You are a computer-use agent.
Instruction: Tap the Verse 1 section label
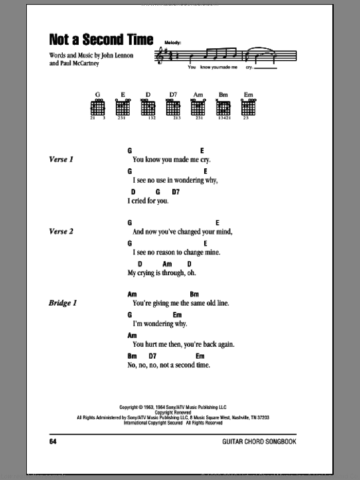[60, 160]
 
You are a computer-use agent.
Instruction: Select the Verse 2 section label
[60, 232]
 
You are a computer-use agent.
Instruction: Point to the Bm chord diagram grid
[223, 109]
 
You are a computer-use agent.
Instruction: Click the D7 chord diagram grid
[173, 109]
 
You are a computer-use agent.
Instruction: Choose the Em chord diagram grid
[249, 109]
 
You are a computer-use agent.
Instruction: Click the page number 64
[53, 442]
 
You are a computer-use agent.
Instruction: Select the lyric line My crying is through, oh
[161, 273]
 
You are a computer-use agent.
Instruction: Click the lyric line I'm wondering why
[153, 324]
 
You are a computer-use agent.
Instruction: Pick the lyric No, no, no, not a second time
[168, 365]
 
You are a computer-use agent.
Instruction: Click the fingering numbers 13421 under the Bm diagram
[223, 118]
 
